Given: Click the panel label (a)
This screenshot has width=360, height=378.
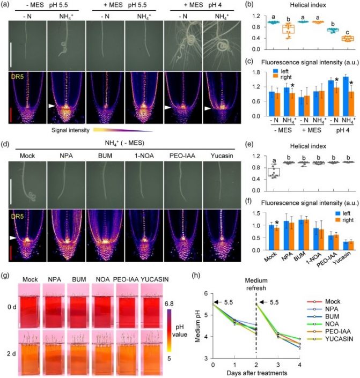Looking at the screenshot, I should pos(5,4).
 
